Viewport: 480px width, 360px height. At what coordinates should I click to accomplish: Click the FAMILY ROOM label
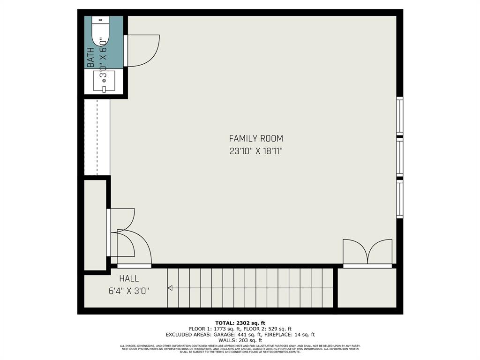256,138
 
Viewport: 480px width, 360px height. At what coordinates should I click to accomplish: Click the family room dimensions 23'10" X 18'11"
256,151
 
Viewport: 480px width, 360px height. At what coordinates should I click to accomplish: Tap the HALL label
128,278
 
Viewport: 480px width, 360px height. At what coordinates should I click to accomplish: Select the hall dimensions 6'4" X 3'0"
128,291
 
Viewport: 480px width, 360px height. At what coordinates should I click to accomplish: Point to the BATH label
90,57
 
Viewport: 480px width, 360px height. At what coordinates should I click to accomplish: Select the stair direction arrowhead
170,288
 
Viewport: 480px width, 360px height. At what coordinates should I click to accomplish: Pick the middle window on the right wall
399,157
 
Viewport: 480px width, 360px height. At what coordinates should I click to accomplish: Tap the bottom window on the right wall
399,199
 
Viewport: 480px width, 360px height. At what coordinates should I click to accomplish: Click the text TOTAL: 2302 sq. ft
240,323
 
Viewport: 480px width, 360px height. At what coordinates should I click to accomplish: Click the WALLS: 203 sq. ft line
240,341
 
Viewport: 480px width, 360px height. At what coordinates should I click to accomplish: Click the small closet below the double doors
367,288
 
